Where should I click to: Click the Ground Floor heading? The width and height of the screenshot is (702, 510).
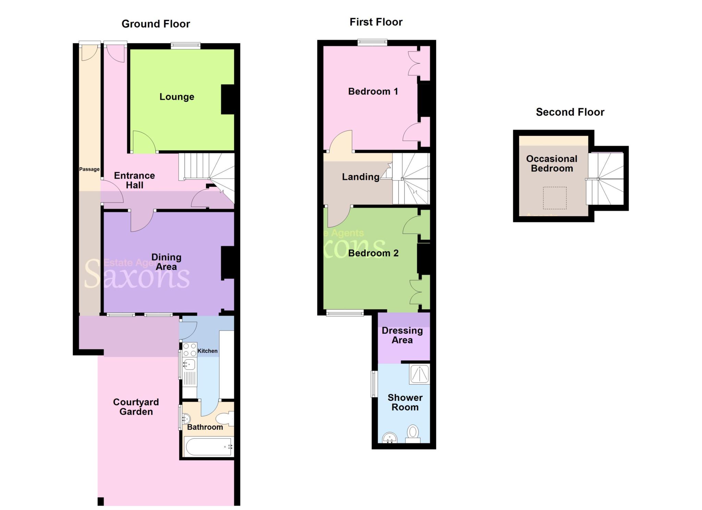point(156,24)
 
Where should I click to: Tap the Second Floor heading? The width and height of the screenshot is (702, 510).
point(570,112)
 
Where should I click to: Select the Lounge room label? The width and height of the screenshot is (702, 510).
point(177,97)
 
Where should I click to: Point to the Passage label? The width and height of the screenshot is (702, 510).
point(89,169)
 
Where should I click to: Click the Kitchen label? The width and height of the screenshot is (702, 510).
point(207,351)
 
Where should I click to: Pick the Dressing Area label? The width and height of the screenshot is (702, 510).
point(402,335)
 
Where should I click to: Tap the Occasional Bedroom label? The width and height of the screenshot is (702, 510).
point(552,164)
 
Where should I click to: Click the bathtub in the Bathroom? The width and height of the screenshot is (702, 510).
point(208,447)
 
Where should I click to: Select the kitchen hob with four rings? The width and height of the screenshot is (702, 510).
point(190,349)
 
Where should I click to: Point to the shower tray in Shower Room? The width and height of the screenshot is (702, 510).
point(420,374)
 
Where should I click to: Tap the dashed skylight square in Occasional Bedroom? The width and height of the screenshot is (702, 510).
point(555,198)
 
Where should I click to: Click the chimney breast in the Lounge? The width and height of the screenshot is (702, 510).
point(228,99)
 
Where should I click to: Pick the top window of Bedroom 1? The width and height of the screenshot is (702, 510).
point(372,42)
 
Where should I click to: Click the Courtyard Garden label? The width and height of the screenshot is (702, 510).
point(136,407)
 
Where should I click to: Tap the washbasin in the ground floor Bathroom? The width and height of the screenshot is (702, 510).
point(186,419)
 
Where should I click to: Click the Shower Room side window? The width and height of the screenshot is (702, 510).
point(374,384)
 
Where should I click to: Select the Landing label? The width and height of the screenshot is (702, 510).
point(361,177)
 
